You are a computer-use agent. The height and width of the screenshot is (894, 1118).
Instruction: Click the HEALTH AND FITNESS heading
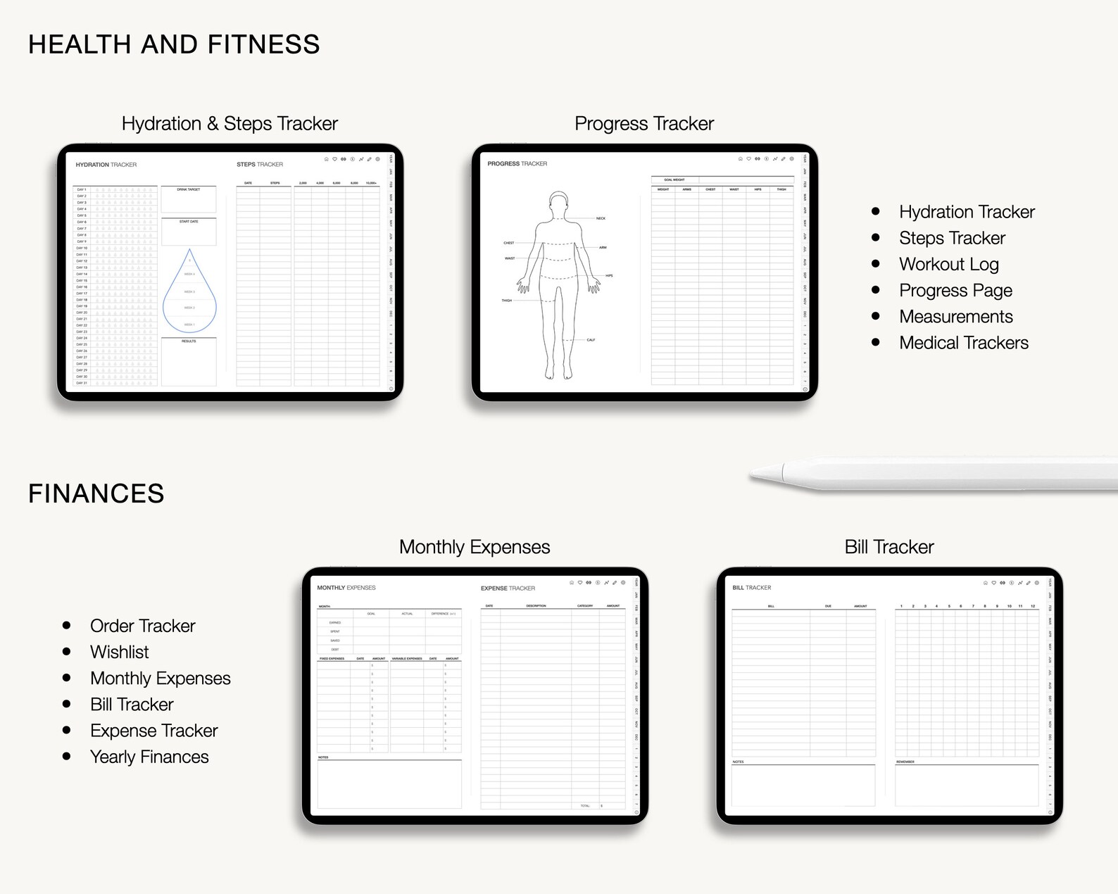pyautogui.click(x=174, y=44)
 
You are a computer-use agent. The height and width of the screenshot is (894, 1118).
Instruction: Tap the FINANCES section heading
pyautogui.click(x=96, y=493)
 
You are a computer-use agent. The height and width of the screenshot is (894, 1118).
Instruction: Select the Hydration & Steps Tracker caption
pyautogui.click(x=230, y=124)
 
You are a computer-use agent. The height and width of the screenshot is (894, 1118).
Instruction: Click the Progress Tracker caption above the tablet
pyautogui.click(x=644, y=124)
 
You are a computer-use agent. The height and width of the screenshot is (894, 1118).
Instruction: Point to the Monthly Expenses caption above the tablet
pyautogui.click(x=475, y=547)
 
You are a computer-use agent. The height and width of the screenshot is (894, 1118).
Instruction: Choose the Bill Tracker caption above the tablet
pyautogui.click(x=889, y=547)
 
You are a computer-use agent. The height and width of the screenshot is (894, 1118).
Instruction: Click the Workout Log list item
pyautogui.click(x=948, y=265)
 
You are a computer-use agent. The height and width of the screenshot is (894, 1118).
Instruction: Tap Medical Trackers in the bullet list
pyautogui.click(x=963, y=343)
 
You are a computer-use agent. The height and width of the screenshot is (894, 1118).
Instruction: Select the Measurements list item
pyautogui.click(x=955, y=317)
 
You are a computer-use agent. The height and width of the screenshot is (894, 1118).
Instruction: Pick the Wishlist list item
pyautogui.click(x=119, y=652)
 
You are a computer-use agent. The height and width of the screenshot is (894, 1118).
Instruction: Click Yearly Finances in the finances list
pyautogui.click(x=149, y=757)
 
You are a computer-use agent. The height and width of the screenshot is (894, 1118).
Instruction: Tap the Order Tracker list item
pyautogui.click(x=142, y=626)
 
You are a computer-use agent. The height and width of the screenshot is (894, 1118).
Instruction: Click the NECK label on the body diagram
pyautogui.click(x=601, y=218)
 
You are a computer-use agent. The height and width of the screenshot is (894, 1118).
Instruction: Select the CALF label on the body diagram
pyautogui.click(x=591, y=340)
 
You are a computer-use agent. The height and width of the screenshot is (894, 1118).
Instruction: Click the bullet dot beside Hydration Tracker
pyautogui.click(x=876, y=211)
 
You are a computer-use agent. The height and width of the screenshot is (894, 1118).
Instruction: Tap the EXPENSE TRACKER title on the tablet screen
pyautogui.click(x=508, y=588)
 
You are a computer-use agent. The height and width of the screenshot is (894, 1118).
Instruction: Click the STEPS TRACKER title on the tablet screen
pyautogui.click(x=260, y=165)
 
